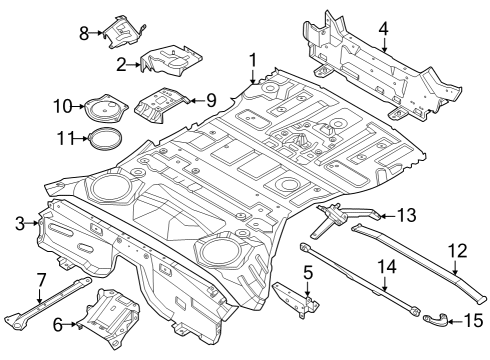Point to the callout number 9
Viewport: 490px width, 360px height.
[x=211, y=99]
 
